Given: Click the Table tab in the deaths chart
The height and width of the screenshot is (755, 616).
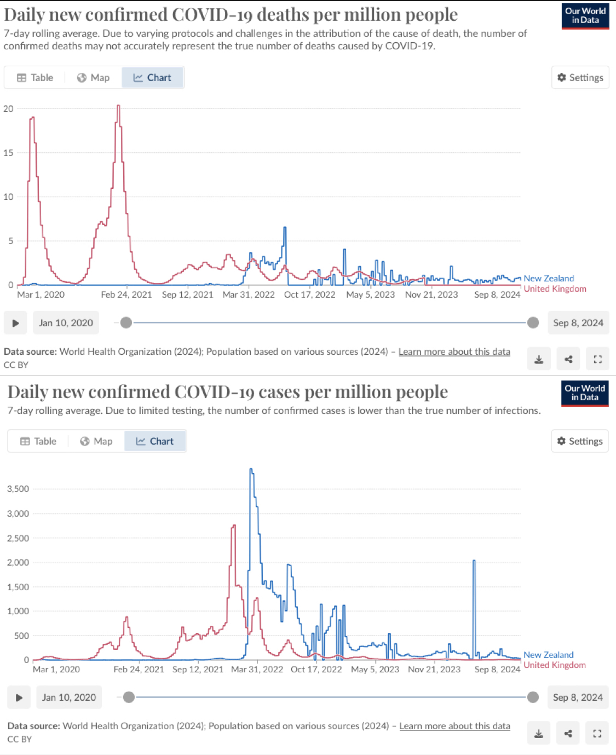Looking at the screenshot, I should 35,78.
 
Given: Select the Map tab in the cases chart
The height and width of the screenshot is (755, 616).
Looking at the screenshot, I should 96,441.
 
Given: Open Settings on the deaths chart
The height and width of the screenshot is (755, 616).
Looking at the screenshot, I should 580,78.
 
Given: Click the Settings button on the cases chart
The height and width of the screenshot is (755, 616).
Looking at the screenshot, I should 579,441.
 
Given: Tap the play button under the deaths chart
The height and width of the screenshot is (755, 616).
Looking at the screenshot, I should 16,323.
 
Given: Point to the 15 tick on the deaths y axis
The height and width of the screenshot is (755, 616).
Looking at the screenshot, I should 8,153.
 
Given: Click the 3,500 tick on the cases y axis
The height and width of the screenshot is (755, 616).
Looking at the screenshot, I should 18,489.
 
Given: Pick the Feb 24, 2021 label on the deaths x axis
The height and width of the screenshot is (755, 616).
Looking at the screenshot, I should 126,295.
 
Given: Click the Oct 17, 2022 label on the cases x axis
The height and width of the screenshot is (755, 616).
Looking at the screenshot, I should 316,669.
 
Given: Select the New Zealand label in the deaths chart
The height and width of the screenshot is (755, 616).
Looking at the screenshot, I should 549,278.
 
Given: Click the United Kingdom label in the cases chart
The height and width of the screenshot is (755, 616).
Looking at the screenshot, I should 555,665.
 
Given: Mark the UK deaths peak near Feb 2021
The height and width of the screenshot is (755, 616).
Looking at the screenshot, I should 118,106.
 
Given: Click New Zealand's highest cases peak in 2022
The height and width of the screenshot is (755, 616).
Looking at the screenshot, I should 251,470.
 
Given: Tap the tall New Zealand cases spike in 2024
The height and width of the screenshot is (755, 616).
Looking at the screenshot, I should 474,561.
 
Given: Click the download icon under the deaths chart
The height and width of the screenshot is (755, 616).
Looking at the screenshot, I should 539,359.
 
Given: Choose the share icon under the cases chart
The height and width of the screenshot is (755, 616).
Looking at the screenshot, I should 568,734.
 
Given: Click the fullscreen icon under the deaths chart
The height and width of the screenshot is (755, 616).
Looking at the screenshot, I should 597,359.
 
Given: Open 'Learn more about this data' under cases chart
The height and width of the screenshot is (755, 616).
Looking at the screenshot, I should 454,726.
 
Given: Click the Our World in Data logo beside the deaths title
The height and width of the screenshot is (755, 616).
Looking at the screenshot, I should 585,16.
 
